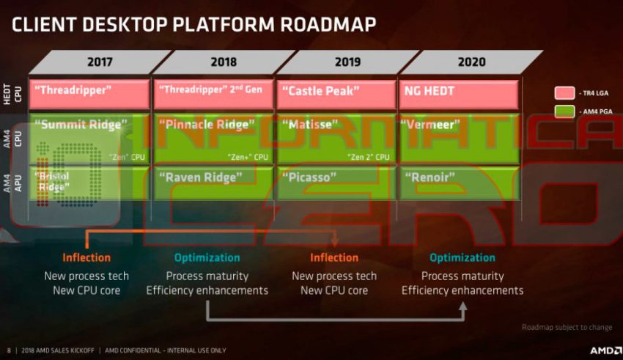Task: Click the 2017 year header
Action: (100, 62)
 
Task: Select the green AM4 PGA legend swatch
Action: (564, 112)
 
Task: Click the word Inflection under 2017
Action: (86, 257)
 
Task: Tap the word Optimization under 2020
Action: (462, 257)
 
